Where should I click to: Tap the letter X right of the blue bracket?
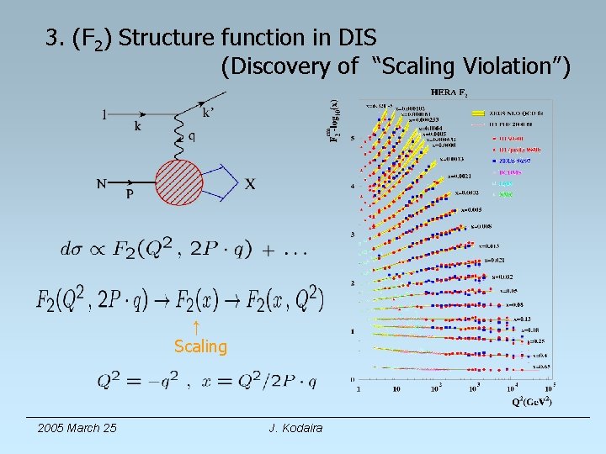point(250,184)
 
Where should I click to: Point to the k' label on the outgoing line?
point(207,113)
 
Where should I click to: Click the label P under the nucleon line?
point(130,193)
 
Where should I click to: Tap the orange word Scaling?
point(200,346)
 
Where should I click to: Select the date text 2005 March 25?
point(77,429)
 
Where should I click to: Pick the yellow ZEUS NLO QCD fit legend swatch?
point(479,113)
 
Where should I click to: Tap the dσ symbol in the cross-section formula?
point(72,249)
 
